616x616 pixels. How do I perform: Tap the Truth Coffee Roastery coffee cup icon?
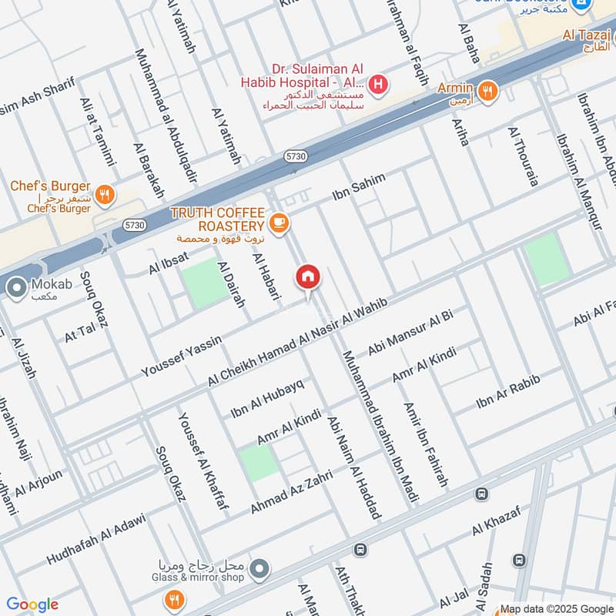[279, 223]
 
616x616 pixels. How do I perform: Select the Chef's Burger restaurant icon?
[105, 194]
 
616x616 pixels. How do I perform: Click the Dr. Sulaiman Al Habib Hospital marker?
[377, 84]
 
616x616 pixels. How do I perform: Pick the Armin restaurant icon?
[487, 92]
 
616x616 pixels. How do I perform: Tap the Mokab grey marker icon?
[15, 289]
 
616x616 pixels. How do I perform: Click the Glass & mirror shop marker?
[260, 569]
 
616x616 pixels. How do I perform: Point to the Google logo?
[32, 604]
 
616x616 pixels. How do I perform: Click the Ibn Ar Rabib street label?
[507, 392]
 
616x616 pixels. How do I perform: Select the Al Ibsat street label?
[169, 263]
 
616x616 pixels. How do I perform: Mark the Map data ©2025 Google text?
[557, 608]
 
